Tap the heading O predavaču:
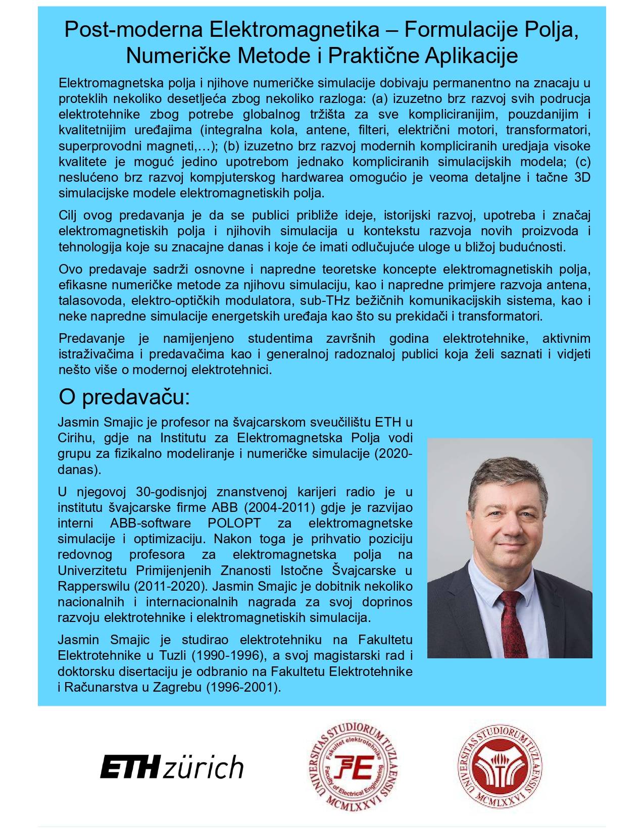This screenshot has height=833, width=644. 124,397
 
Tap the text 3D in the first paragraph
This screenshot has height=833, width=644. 582,177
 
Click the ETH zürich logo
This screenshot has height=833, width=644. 172,767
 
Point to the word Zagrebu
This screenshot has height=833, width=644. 179,687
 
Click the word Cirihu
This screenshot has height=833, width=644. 74,437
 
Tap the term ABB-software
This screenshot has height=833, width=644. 151,523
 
